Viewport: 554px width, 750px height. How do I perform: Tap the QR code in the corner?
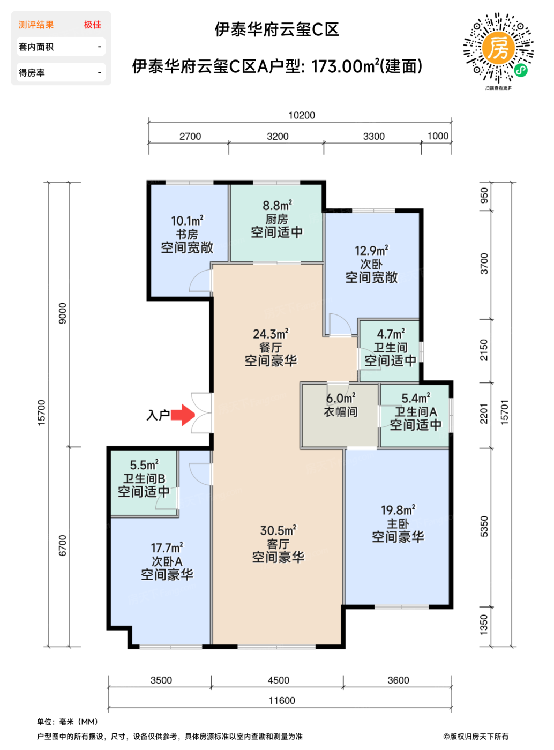(x=498, y=48)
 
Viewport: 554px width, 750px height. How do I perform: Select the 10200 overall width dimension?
(x=302, y=116)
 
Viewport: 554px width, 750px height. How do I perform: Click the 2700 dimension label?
(x=190, y=137)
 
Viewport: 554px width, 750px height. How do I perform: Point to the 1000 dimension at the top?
(x=438, y=136)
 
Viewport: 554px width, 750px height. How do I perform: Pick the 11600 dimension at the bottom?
(x=282, y=701)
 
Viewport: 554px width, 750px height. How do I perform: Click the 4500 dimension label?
(x=279, y=680)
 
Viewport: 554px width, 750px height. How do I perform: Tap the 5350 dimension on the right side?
(x=484, y=527)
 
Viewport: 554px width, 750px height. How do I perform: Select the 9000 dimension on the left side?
(x=63, y=313)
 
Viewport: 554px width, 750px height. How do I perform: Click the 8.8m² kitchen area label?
(x=277, y=205)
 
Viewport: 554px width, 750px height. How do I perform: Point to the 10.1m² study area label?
(x=187, y=221)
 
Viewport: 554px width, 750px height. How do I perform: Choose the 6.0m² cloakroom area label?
(x=341, y=399)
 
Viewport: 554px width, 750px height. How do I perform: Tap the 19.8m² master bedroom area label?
(x=398, y=510)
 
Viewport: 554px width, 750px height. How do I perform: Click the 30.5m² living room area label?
(x=278, y=530)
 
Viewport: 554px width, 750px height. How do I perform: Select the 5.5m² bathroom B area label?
(x=144, y=465)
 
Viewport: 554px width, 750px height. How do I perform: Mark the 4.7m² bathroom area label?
(x=391, y=334)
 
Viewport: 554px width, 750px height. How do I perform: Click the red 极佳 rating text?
(x=92, y=25)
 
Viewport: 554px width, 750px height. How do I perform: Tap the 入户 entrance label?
(x=158, y=415)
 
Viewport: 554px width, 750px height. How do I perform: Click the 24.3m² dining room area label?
(x=271, y=334)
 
